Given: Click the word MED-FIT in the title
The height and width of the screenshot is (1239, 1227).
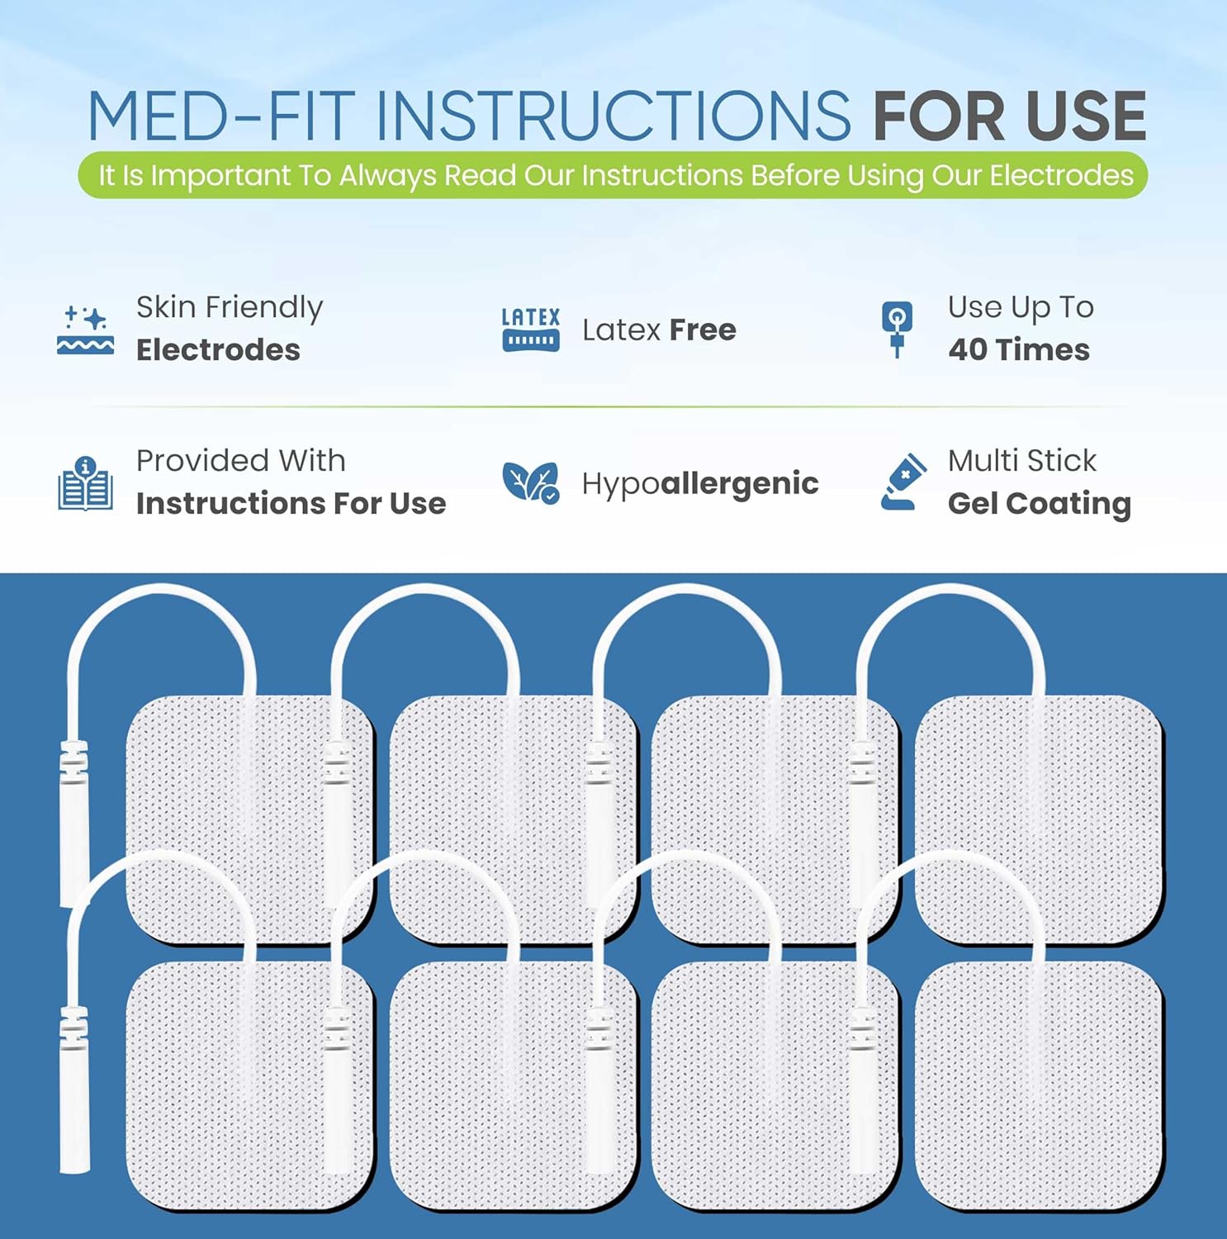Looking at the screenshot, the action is pyautogui.click(x=221, y=116).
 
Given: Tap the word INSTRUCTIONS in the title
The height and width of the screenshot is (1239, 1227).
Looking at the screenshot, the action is pyautogui.click(x=613, y=116).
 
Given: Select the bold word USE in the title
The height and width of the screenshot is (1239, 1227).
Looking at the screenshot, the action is pyautogui.click(x=1086, y=116).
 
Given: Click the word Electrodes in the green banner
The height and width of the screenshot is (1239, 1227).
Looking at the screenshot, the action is pyautogui.click(x=1062, y=175).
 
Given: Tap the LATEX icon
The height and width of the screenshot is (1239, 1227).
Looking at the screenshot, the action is pyautogui.click(x=531, y=330).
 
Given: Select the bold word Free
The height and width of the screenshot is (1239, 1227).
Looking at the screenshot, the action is pyautogui.click(x=703, y=330).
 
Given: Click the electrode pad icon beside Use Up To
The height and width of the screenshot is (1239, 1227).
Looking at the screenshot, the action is pyautogui.click(x=898, y=330).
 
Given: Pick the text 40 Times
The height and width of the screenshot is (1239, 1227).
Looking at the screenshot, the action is pyautogui.click(x=1019, y=349).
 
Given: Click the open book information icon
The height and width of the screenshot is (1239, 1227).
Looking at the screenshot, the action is pyautogui.click(x=86, y=483).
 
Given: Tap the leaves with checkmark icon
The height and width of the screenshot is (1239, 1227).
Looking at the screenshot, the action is pyautogui.click(x=531, y=482).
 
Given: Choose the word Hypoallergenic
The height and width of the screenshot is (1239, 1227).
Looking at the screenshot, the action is pyautogui.click(x=700, y=484).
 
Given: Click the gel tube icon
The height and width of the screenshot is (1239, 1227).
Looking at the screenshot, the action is pyautogui.click(x=902, y=482).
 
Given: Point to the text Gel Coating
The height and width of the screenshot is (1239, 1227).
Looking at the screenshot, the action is pyautogui.click(x=1040, y=504).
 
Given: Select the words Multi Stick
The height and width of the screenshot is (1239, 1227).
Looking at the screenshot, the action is pyautogui.click(x=1022, y=461).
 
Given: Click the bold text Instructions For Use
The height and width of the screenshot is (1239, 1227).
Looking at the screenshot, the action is pyautogui.click(x=291, y=503).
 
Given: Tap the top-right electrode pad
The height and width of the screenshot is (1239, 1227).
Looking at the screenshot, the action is pyautogui.click(x=1040, y=819).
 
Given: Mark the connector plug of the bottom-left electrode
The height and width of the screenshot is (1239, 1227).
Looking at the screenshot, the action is pyautogui.click(x=74, y=1089).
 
